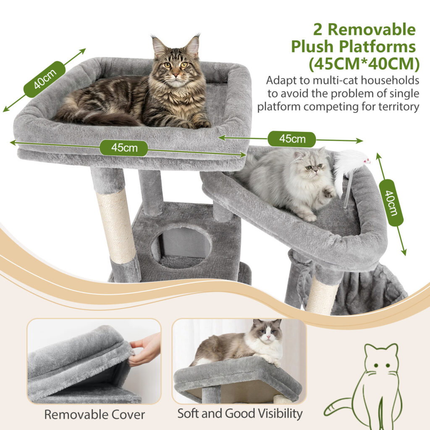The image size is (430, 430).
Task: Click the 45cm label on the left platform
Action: [x=124, y=148]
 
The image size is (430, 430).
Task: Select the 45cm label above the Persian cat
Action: [x=292, y=139]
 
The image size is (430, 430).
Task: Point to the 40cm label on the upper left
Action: [x=45, y=79]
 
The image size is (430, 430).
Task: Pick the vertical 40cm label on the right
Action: [x=391, y=203]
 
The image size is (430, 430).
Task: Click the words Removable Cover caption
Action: [x=94, y=414]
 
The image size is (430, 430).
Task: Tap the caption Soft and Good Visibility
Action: [x=240, y=413]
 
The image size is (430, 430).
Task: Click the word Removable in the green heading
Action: [x=372, y=29]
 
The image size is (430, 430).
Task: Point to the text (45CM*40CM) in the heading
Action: [x=364, y=64]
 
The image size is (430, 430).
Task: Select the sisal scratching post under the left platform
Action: [x=116, y=226]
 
